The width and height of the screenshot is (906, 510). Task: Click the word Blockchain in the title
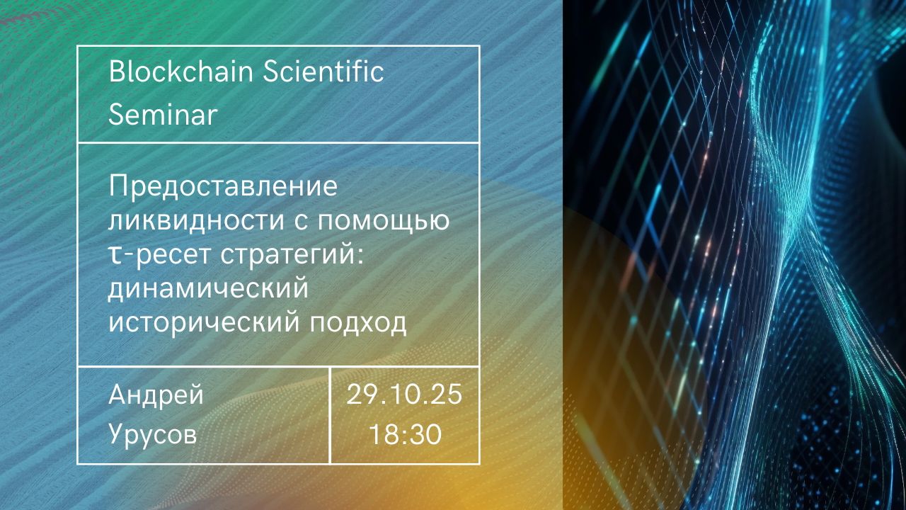coord(181,72)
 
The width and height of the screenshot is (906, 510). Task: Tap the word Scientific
coord(323,72)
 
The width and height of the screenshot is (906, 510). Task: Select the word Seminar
coord(163,114)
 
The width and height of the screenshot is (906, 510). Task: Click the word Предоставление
coord(223,187)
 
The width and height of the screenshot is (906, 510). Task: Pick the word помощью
coord(384,221)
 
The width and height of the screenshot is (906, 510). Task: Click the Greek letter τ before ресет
coord(115,256)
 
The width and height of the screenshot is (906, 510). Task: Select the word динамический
coord(208,289)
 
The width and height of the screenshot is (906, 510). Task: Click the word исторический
coord(205,324)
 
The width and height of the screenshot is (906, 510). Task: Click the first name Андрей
coord(156,395)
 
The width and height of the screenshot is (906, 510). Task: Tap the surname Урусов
coord(153,434)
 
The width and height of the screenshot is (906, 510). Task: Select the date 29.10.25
coord(404,395)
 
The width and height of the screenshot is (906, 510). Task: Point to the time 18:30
coord(406,434)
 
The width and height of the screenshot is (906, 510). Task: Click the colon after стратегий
coord(360,257)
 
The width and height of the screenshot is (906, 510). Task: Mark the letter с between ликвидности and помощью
coord(302,222)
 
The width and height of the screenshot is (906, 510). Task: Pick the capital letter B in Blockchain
coord(117,72)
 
